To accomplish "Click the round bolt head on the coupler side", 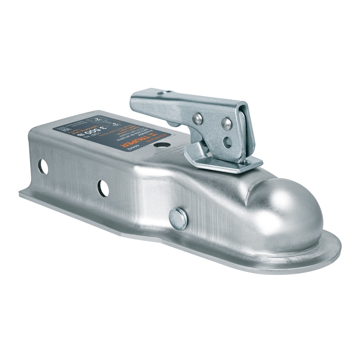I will point(178,219).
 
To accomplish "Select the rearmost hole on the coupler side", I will point(43,167).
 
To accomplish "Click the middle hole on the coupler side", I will point(103,188).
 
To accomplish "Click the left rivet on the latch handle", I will point(198,119).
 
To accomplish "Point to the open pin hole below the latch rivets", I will point(228,142).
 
